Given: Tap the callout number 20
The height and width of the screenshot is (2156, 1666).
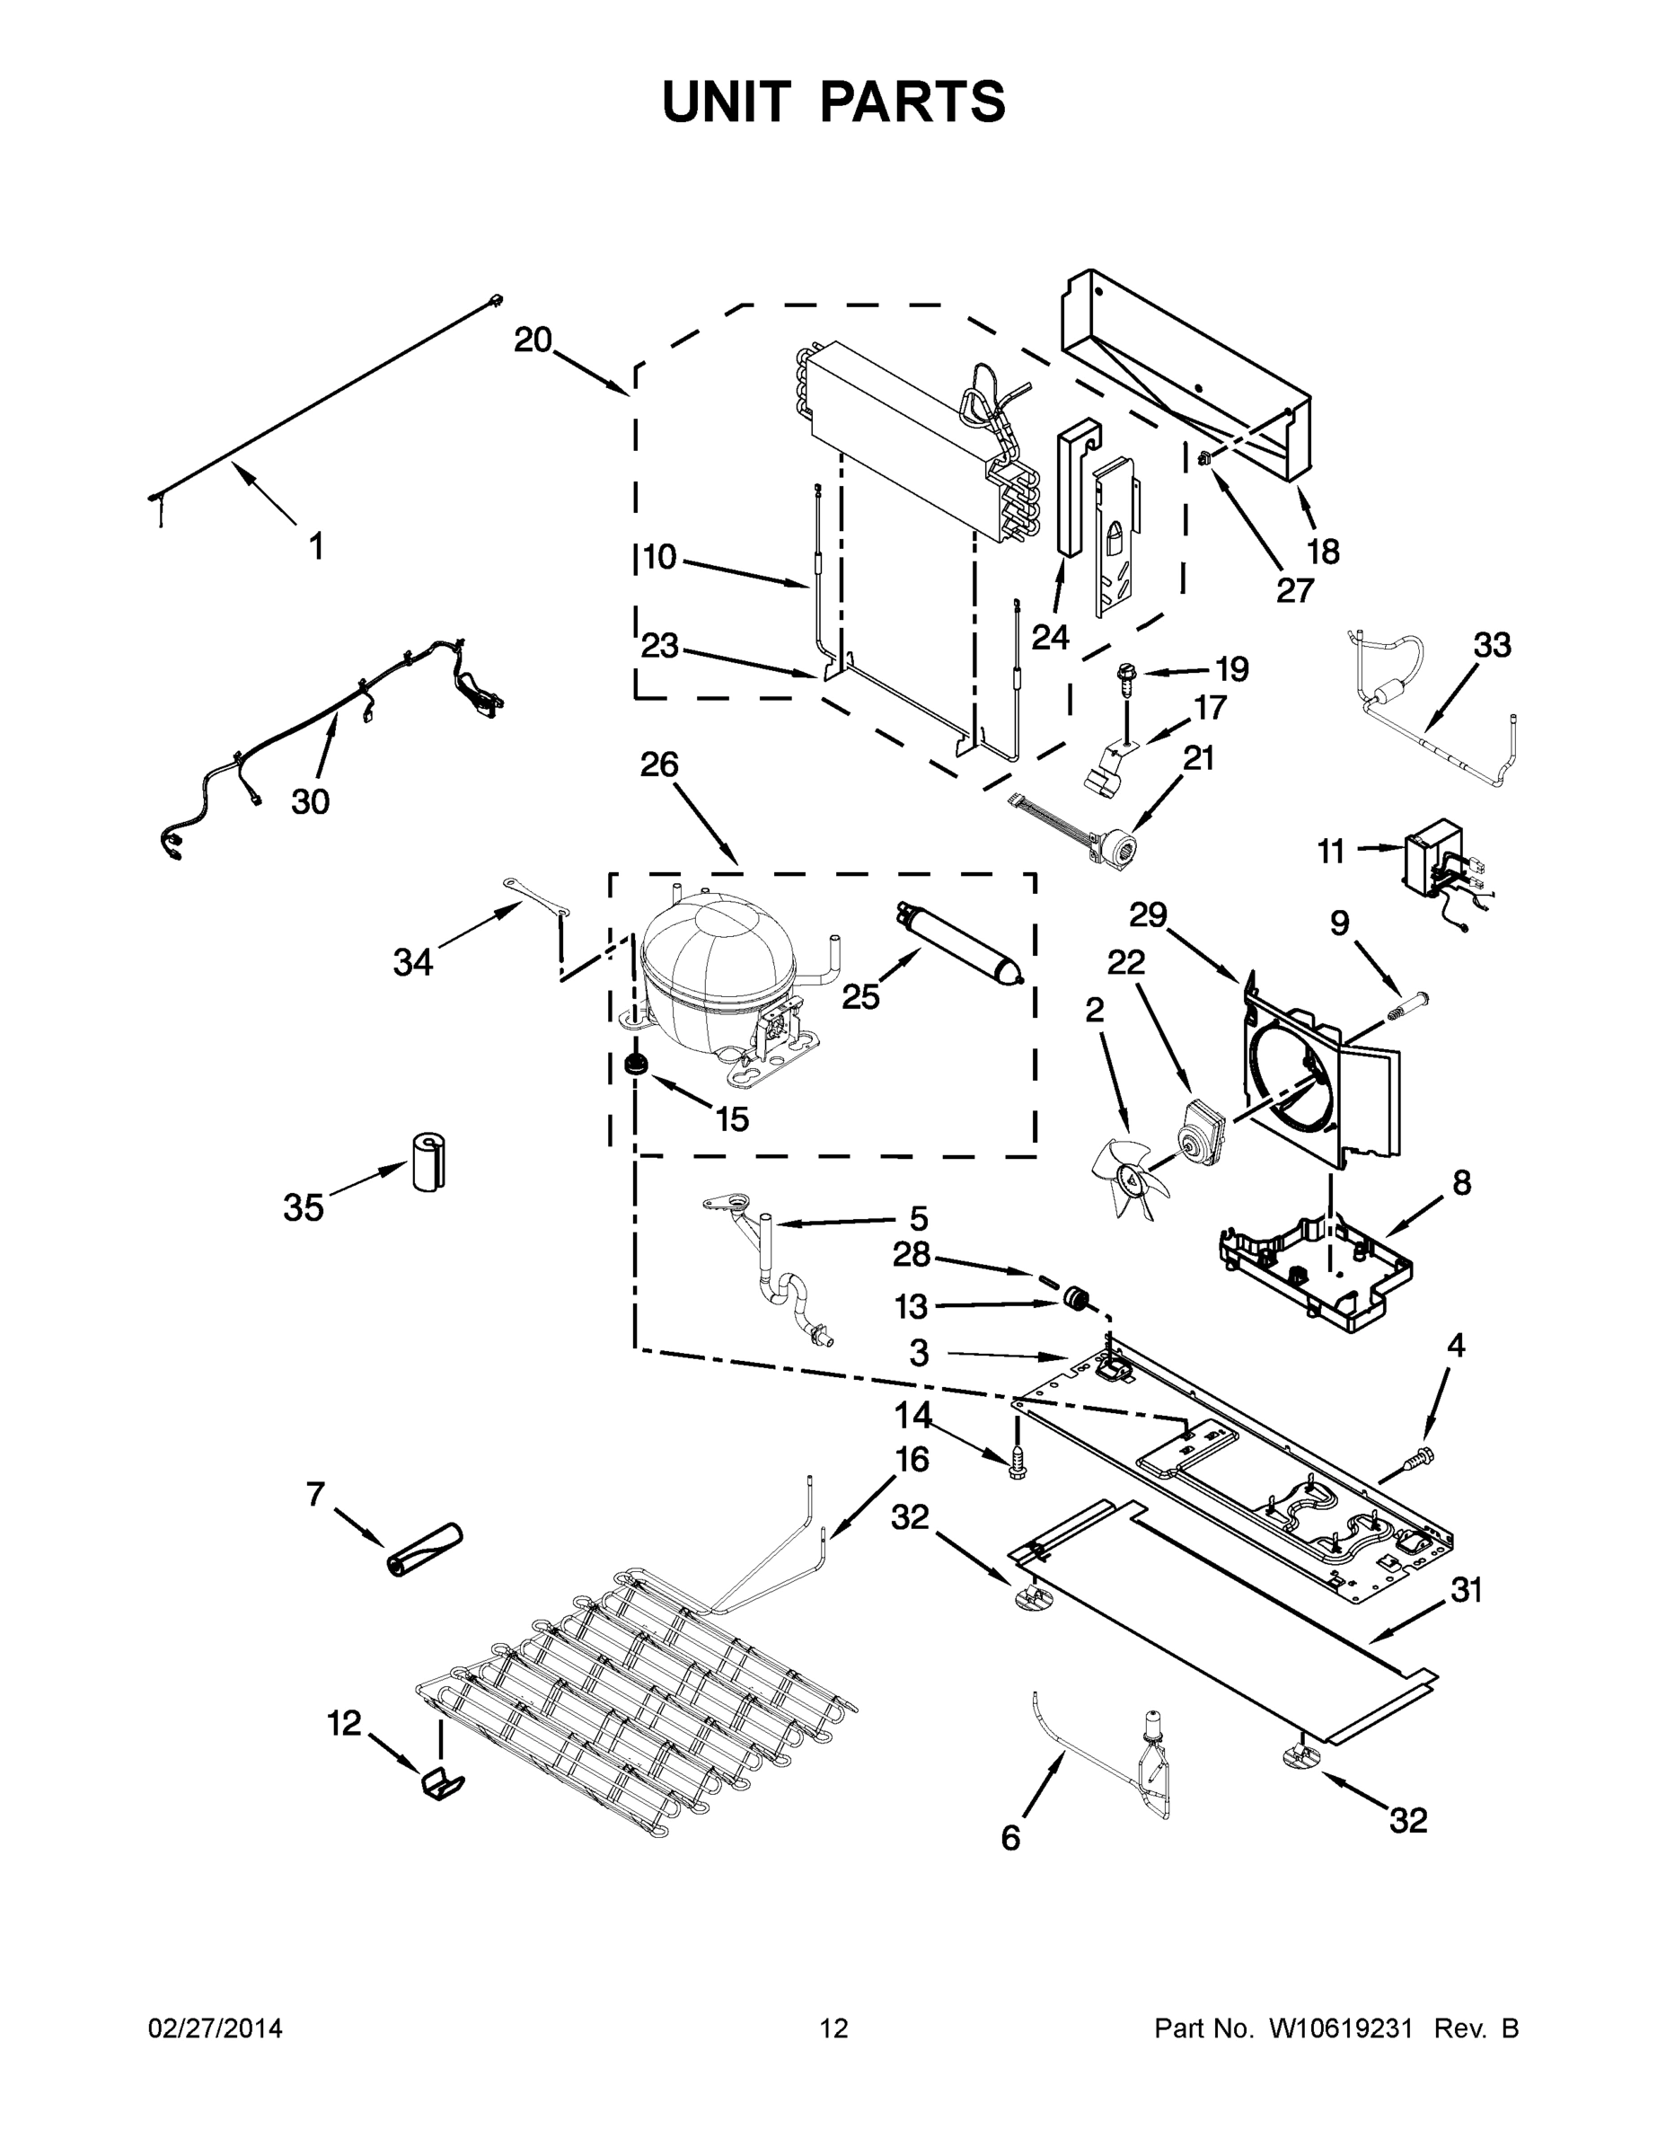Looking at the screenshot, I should [532, 340].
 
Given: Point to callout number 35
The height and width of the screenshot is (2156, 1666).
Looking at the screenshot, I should [303, 1206].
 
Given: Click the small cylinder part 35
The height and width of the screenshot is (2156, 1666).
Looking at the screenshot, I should [428, 1161].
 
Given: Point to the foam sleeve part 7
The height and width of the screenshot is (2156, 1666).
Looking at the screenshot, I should [425, 1551].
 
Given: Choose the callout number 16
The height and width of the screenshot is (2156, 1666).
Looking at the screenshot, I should [912, 1457].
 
